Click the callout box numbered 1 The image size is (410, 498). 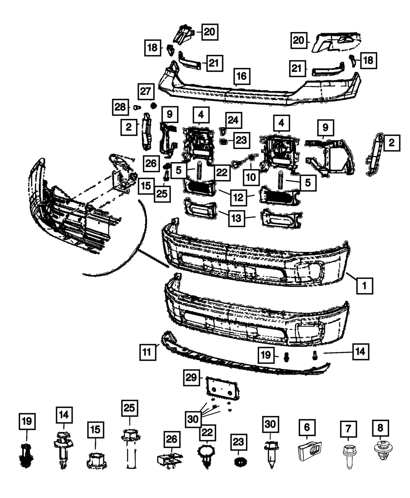tap(364, 285)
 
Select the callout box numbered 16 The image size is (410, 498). tap(241, 77)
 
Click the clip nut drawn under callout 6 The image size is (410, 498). tap(309, 452)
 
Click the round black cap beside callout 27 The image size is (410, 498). tap(154, 106)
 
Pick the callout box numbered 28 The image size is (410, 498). tap(121, 107)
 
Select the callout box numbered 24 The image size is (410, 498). tap(233, 121)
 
